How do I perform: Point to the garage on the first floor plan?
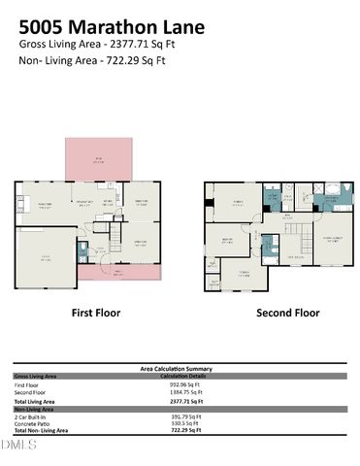click(46, 258)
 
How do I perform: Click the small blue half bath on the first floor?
click(82, 252)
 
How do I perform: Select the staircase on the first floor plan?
click(115, 233)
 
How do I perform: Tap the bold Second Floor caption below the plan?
click(287, 314)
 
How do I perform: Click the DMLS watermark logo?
click(18, 446)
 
